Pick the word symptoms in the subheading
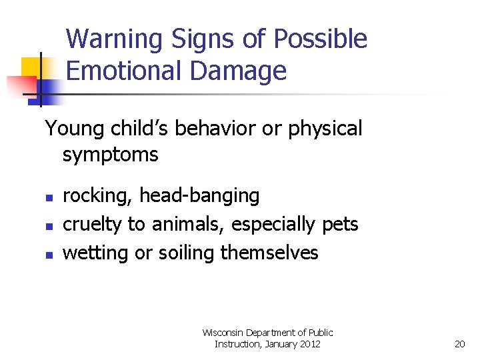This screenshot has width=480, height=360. pyautogui.click(x=110, y=155)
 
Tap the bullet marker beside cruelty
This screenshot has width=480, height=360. pyautogui.click(x=48, y=226)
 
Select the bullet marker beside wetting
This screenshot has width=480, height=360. pyautogui.click(x=48, y=255)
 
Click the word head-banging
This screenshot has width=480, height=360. pyautogui.click(x=199, y=196)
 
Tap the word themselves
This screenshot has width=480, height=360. pyautogui.click(x=269, y=253)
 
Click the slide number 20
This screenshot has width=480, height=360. pyautogui.click(x=459, y=344)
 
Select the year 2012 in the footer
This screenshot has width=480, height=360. pyautogui.click(x=309, y=344)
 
